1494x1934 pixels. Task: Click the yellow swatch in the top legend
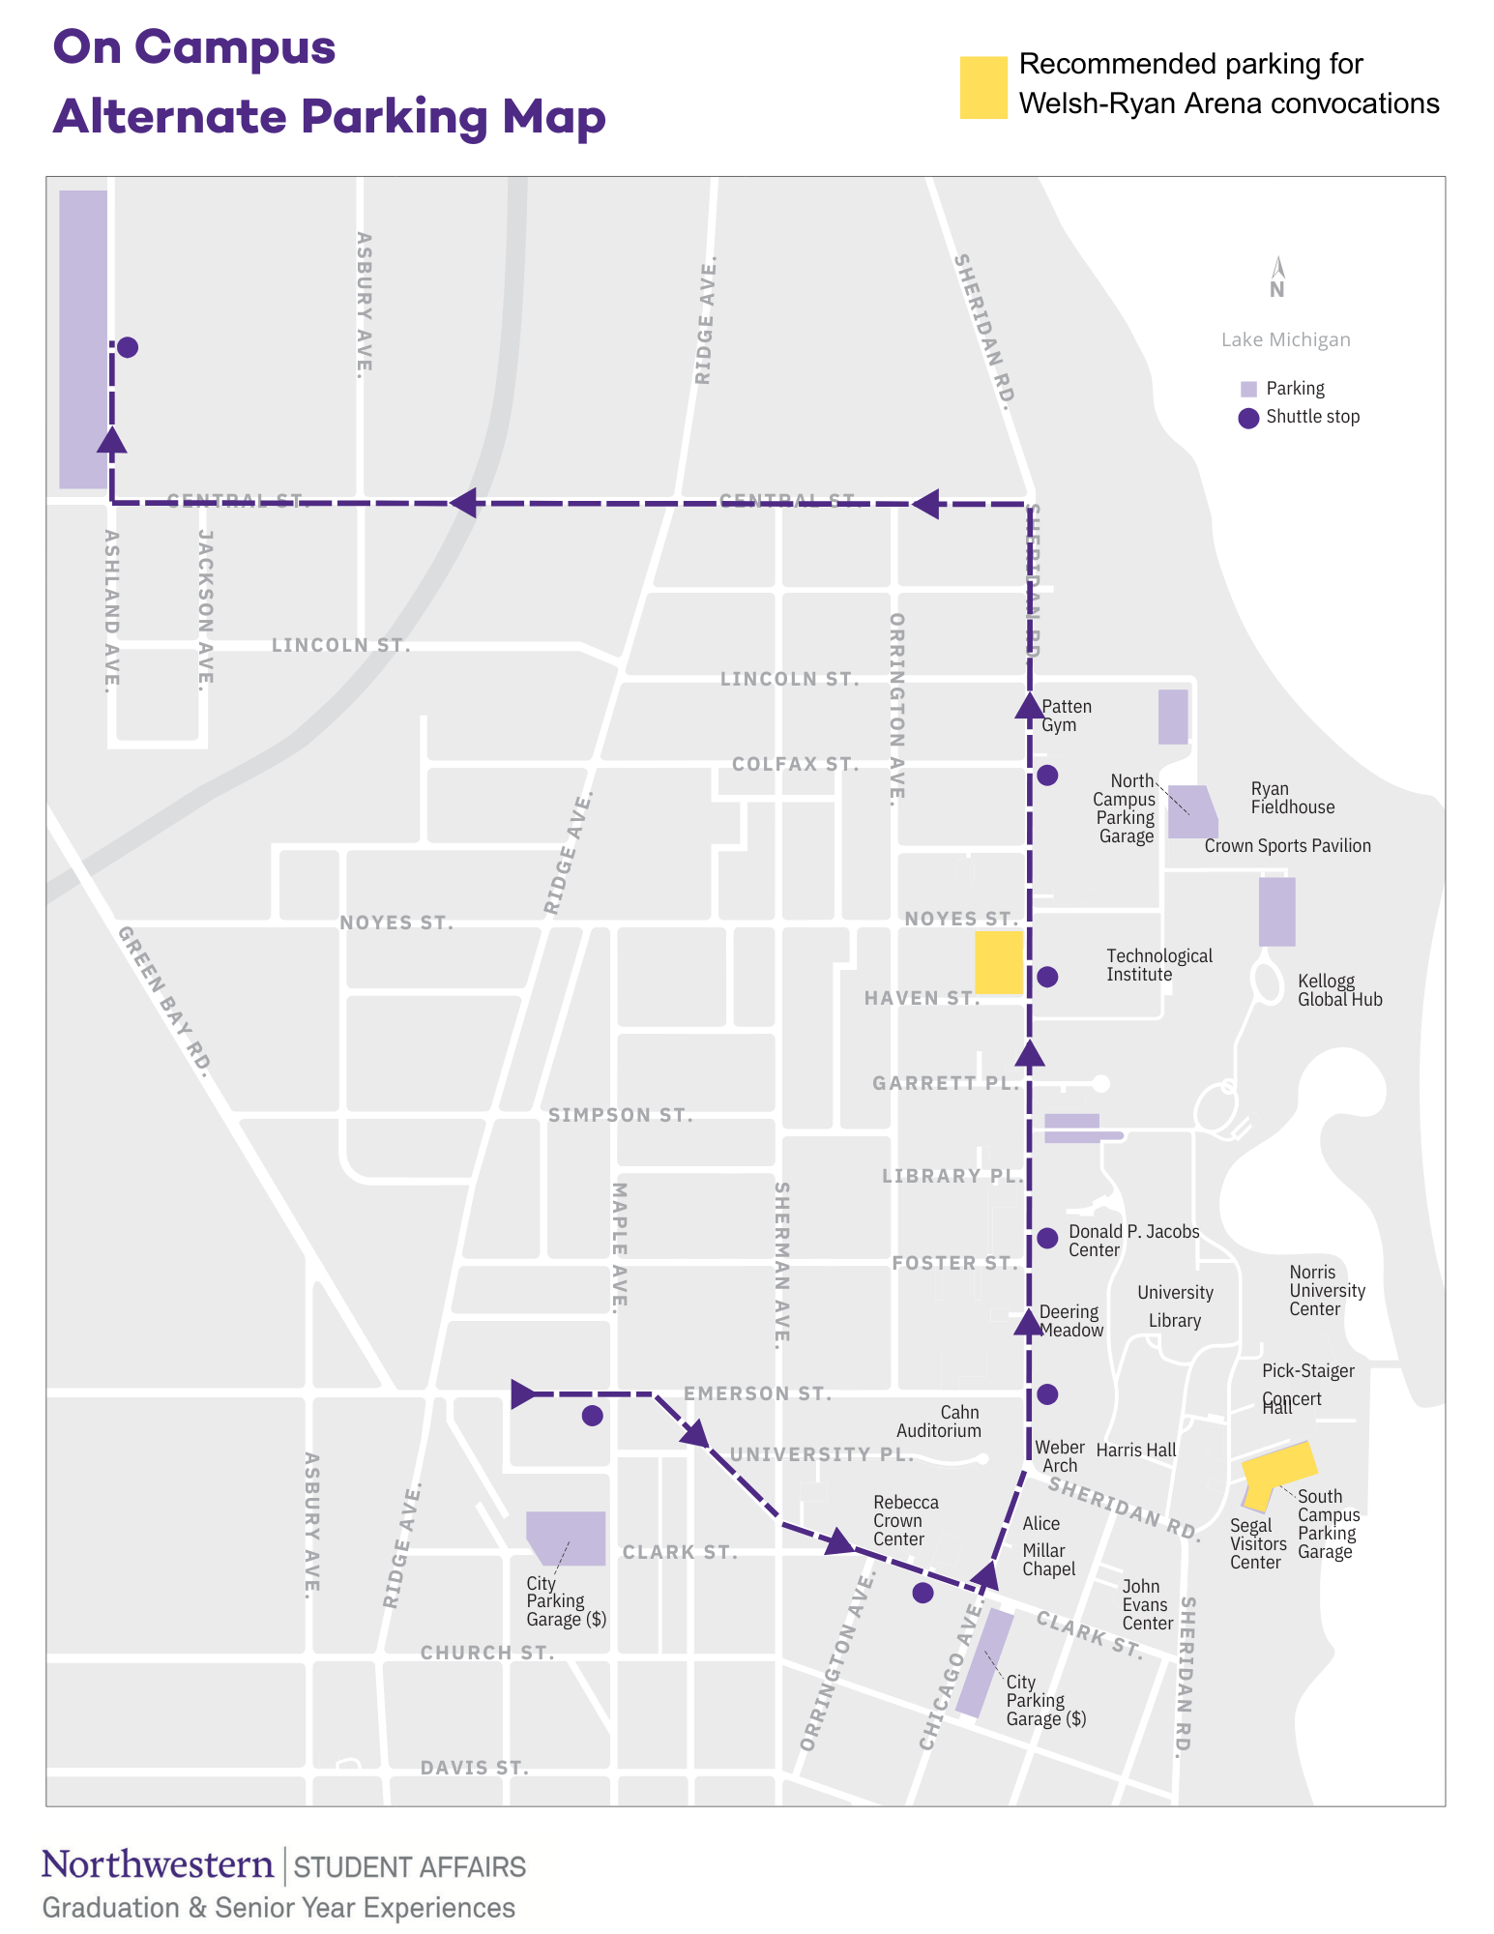click(983, 87)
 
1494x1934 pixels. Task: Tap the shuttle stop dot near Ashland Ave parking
click(127, 347)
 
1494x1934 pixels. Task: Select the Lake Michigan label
click(1285, 339)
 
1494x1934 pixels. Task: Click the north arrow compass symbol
click(1277, 277)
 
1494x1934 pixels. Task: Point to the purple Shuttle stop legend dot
click(1248, 418)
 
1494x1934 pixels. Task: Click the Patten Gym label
click(1066, 716)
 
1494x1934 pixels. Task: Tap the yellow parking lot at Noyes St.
click(998, 962)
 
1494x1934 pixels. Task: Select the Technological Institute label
click(1158, 965)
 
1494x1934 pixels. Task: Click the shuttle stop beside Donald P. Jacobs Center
click(1047, 1238)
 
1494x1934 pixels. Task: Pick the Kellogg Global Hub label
click(1339, 990)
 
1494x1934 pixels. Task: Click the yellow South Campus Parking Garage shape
click(1278, 1471)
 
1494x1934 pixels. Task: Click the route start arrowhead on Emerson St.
click(522, 1393)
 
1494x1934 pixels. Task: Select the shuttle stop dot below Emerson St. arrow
click(593, 1416)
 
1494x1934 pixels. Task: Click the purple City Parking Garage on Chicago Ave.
click(984, 1663)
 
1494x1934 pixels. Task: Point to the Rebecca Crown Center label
click(905, 1520)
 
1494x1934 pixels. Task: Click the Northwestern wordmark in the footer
click(158, 1865)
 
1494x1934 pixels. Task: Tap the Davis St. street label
click(474, 1768)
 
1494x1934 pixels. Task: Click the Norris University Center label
click(1327, 1290)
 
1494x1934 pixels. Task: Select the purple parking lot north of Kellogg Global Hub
click(1276, 911)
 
